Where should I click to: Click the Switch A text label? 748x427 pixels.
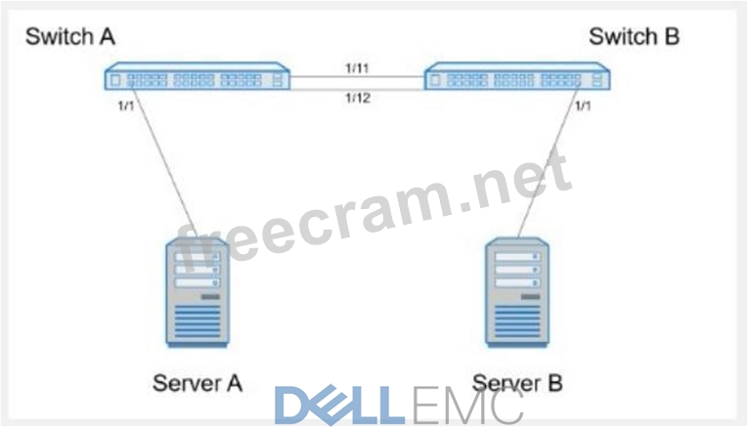click(70, 37)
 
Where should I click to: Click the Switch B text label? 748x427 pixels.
click(634, 37)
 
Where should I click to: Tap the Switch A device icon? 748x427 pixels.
click(199, 77)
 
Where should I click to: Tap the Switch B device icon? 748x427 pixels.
click(518, 77)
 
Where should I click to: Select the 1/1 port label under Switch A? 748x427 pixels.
click(124, 105)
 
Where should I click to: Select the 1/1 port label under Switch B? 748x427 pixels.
click(583, 105)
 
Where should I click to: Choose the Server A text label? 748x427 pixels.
click(197, 382)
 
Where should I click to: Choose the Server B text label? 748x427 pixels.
click(516, 382)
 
